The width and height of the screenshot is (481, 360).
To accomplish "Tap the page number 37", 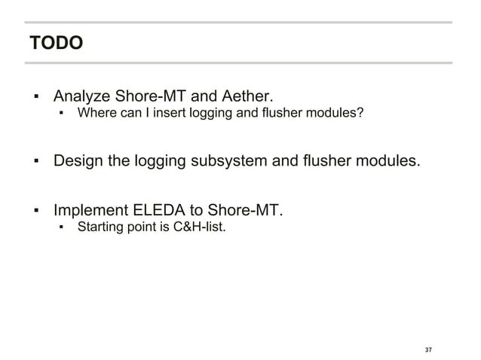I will [428, 350].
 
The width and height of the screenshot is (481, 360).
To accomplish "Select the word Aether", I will [245, 96].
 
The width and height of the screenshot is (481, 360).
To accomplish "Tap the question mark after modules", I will [362, 114].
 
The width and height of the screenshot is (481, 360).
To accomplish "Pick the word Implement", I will [90, 209].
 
